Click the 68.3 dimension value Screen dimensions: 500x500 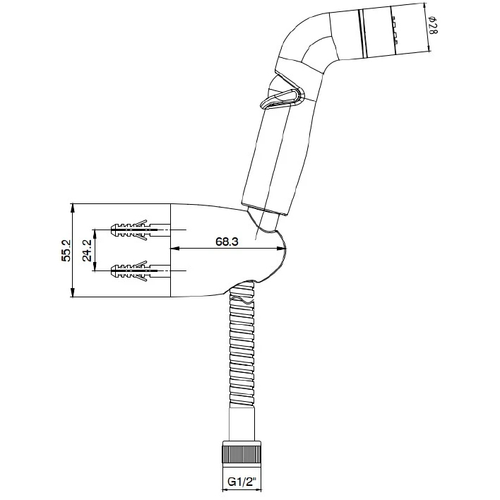[227, 242]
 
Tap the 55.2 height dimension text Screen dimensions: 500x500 [66, 250]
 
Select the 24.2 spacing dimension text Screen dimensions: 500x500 [87, 250]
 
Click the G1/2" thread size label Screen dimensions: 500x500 [242, 481]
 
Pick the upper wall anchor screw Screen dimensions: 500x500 [141, 230]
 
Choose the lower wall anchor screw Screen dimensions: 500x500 [141, 270]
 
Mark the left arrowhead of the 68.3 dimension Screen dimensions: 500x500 [174, 248]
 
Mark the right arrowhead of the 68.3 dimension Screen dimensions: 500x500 [282, 248]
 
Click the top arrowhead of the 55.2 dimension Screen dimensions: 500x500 [73, 208]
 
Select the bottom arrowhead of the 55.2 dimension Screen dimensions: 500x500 [73, 292]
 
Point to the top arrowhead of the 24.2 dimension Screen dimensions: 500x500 [95, 234]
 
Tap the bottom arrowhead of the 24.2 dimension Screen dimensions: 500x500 [95, 266]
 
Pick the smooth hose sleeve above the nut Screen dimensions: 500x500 [242, 424]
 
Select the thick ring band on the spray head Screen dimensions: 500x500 [362, 33]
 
